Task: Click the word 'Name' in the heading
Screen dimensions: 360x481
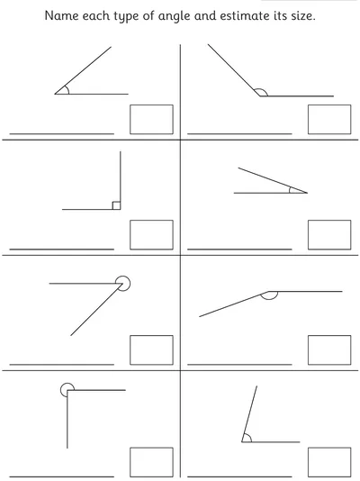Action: pyautogui.click(x=61, y=15)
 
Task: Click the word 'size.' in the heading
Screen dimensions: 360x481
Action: pyautogui.click(x=303, y=15)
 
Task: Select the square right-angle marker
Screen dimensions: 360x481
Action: pyautogui.click(x=116, y=205)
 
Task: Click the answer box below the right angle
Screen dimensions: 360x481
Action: pyautogui.click(x=152, y=235)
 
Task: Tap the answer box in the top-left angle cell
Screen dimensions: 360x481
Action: pyautogui.click(x=152, y=119)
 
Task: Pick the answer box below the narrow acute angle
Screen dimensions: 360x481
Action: pyautogui.click(x=329, y=235)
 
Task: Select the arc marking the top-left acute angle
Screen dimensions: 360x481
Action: pyautogui.click(x=68, y=90)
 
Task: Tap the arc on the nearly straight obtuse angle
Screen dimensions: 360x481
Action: pyautogui.click(x=270, y=299)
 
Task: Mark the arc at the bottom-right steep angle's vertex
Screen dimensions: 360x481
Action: pyautogui.click(x=249, y=437)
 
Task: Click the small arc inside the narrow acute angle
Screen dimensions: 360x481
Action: pyautogui.click(x=290, y=190)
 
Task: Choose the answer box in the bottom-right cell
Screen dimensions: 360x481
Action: pyautogui.click(x=329, y=462)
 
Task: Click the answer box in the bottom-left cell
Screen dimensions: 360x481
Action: pyautogui.click(x=152, y=462)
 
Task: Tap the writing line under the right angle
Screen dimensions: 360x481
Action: pyautogui.click(x=62, y=250)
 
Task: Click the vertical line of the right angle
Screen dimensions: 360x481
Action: pyautogui.click(x=121, y=180)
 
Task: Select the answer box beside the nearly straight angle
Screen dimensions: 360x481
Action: pyautogui.click(x=329, y=350)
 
